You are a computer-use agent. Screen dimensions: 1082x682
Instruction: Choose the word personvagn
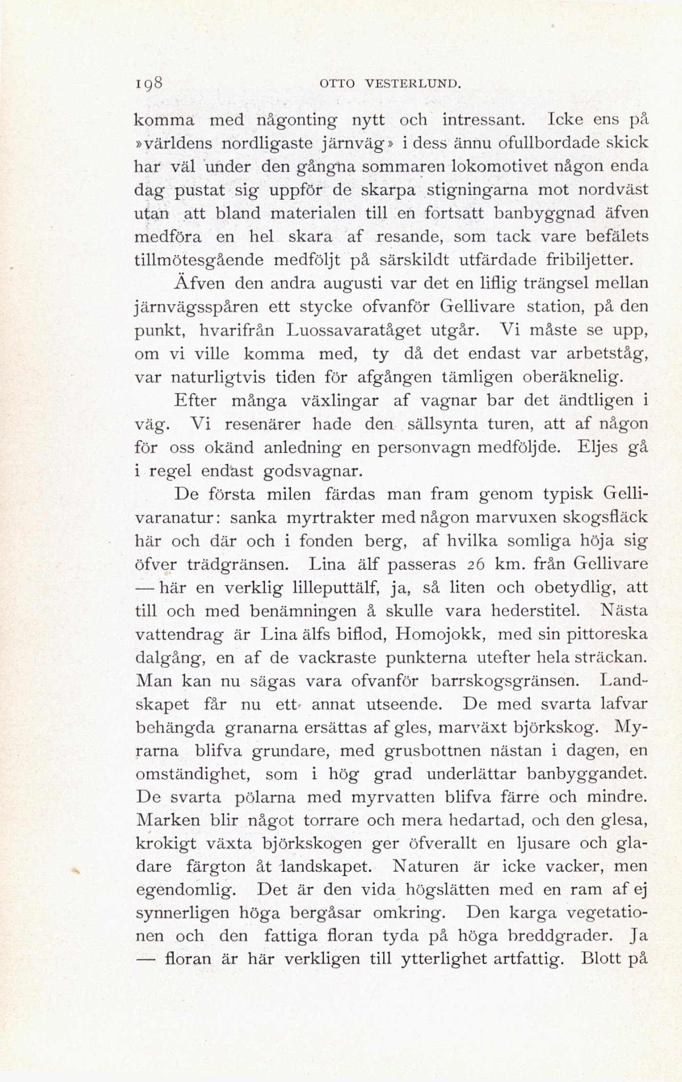417,447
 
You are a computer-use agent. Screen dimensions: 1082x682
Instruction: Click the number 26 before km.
474,565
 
